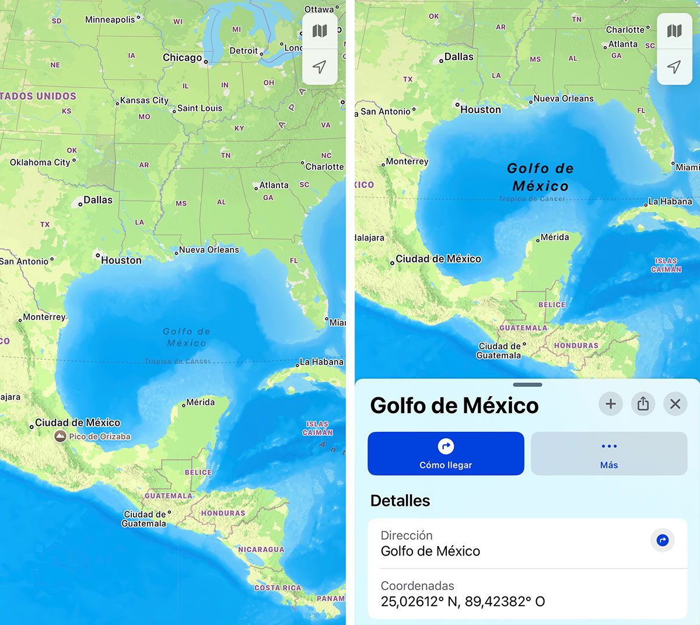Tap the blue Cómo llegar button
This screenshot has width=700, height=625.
(446, 453)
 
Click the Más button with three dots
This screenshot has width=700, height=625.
(609, 453)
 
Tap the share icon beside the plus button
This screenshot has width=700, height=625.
(643, 404)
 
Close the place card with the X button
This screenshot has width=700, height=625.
(675, 404)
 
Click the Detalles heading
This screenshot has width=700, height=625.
(400, 501)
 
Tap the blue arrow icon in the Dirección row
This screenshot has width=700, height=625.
(662, 540)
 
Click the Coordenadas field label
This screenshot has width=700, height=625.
(417, 586)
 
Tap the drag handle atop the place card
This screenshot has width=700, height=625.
(527, 385)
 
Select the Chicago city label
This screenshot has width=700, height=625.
(182, 57)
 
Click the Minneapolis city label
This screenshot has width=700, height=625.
(110, 20)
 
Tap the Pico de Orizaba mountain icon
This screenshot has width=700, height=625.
(60, 436)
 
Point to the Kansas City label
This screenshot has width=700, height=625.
(144, 100)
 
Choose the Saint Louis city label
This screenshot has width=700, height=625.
(199, 108)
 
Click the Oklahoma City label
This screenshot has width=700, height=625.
(40, 162)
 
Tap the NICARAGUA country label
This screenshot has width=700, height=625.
(261, 549)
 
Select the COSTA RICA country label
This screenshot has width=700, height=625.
(278, 588)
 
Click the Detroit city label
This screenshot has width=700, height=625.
(244, 51)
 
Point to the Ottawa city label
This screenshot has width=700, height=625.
(319, 9)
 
